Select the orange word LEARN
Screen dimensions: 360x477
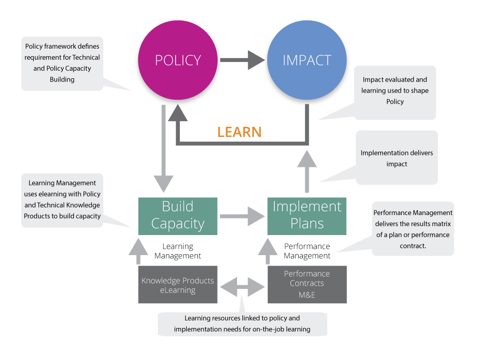click(239, 132)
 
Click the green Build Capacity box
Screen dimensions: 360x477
click(178, 216)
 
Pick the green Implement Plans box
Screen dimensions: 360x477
click(307, 216)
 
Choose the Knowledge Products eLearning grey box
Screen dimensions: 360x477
click(178, 285)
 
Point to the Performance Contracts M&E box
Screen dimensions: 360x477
click(307, 285)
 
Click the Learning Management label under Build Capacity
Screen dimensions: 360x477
click(178, 251)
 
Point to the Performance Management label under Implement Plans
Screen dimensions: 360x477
click(307, 251)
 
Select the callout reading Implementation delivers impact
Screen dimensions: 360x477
click(397, 158)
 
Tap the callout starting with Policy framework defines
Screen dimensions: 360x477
click(62, 62)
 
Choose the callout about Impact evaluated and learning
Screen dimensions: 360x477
click(395, 91)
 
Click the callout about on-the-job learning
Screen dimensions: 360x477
click(242, 324)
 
